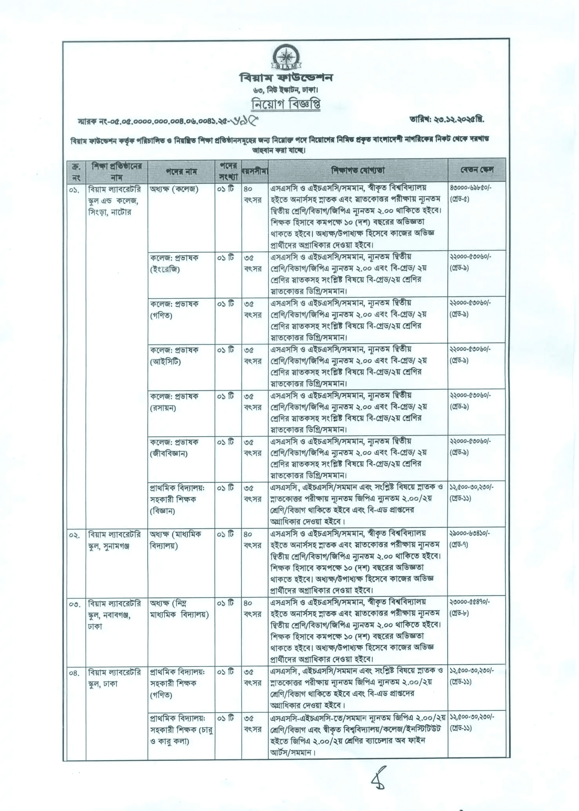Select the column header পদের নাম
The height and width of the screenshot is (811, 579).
[181, 171]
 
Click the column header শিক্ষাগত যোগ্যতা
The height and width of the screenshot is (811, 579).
[358, 170]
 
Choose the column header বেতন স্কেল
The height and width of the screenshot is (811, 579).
[477, 170]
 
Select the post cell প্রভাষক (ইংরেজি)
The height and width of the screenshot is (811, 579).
[174, 264]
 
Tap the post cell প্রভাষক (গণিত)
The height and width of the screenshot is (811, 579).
[174, 310]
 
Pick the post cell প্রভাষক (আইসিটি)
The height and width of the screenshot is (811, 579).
[174, 356]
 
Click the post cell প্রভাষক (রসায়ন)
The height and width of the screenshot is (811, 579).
[174, 402]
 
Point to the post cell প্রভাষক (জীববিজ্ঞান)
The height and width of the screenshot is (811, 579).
[174, 448]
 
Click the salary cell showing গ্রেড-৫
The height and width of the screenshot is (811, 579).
[470, 193]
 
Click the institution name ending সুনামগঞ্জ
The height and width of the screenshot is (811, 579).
[114, 540]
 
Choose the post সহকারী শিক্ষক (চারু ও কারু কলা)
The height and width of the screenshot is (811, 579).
[181, 730]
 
